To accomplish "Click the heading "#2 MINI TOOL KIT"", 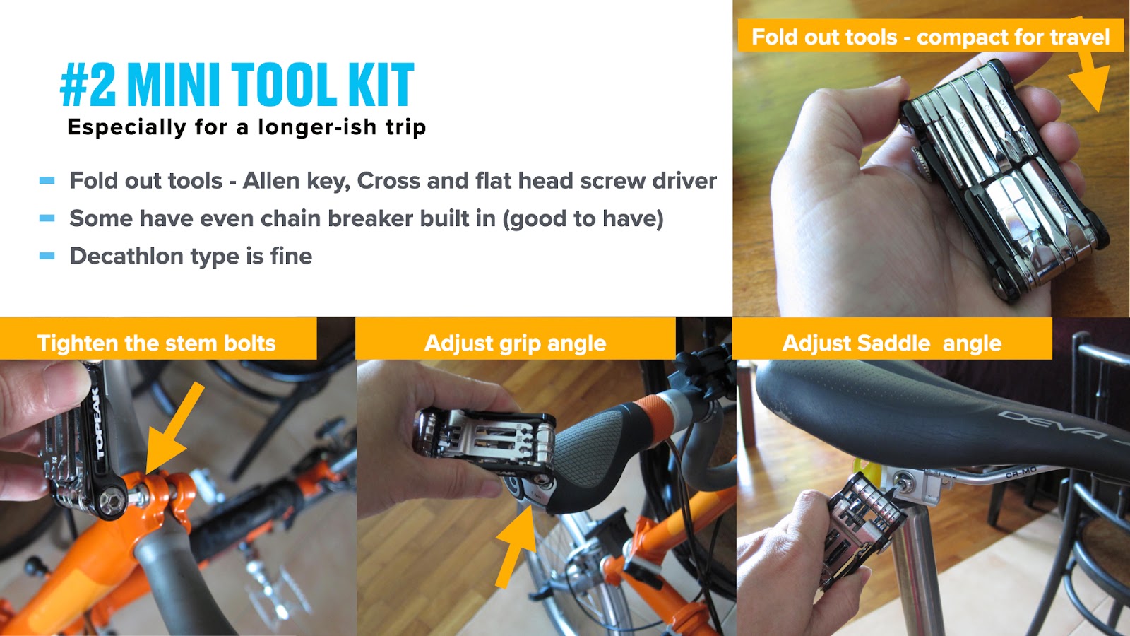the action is pos(237,84).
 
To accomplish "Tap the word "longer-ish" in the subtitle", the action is pos(317,127).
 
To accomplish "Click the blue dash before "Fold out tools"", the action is pos(47,181).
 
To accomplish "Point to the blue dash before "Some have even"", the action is pos(47,218).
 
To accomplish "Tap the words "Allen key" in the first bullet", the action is pos(296,181).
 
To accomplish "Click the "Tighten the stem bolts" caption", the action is pos(156,343).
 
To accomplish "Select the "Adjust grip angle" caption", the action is pos(515,343).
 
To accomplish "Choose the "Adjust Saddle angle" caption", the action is pos(892,343).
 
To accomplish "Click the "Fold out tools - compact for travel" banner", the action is pos(931,37).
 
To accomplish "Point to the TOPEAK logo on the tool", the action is pos(99,423).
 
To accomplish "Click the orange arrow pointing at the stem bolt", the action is pos(174,428).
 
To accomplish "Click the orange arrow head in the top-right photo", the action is pos(1090,86).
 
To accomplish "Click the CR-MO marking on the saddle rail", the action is pos(1021,473).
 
